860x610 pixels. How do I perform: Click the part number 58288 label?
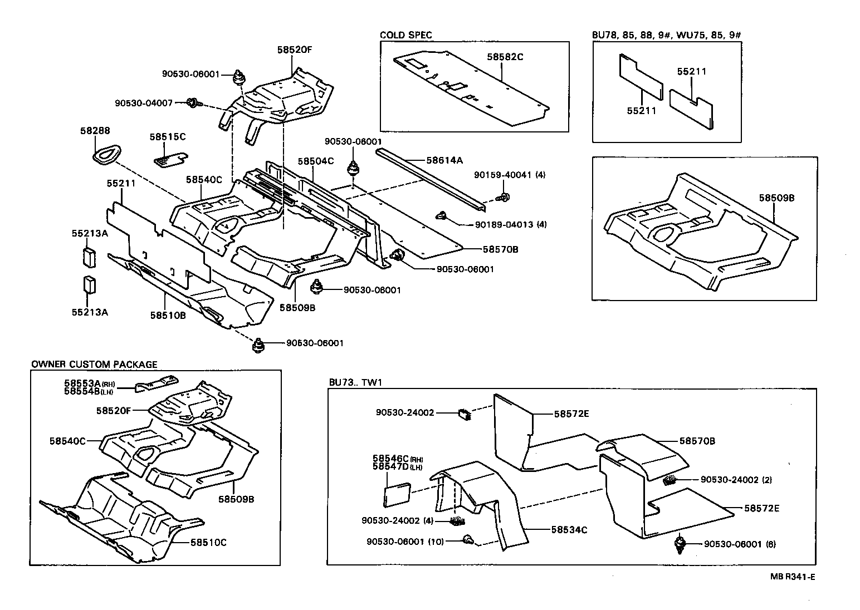(x=95, y=131)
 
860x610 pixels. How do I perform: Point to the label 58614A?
(x=444, y=160)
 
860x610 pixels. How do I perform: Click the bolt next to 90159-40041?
(x=504, y=197)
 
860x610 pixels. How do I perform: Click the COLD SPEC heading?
(x=405, y=35)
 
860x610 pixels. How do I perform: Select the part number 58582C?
(x=505, y=57)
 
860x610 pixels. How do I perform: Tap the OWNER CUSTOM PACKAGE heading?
(x=94, y=365)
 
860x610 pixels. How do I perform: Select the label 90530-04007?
(x=144, y=103)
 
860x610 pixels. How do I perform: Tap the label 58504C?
(x=315, y=161)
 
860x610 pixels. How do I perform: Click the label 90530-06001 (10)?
(x=405, y=542)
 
